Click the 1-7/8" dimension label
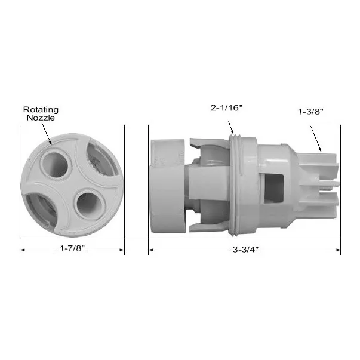72,248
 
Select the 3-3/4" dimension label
245,250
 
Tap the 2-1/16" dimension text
227,107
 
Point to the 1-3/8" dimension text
310,112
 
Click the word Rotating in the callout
41,109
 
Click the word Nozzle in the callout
41,118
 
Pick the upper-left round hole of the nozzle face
56,165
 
